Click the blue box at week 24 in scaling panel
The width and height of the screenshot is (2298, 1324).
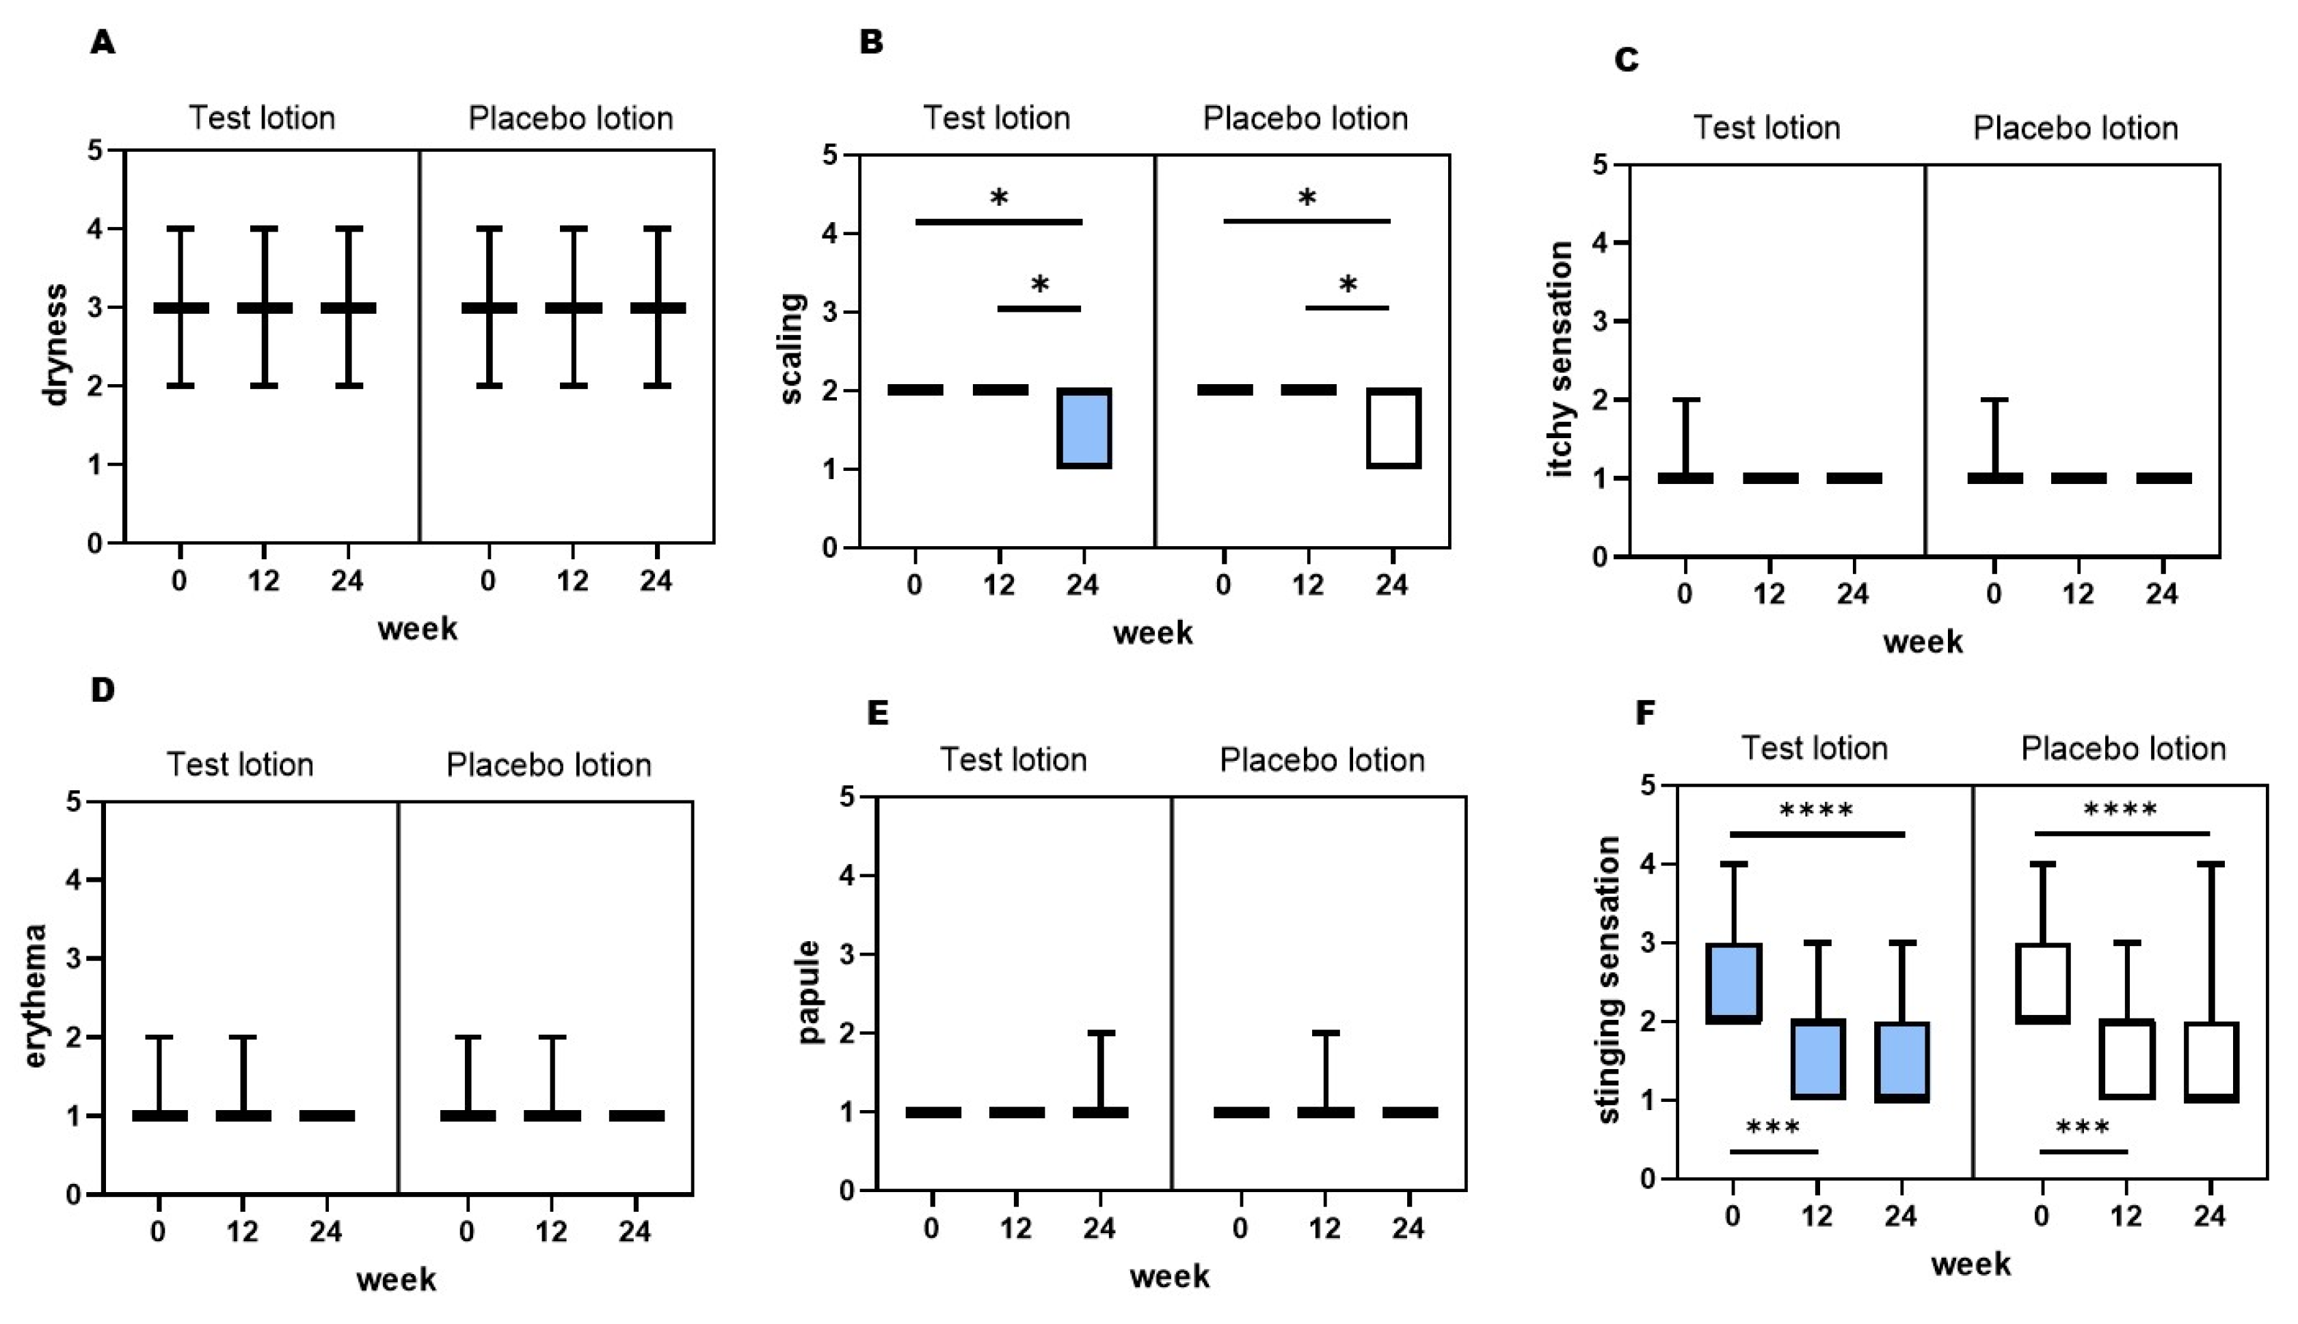click(x=1084, y=429)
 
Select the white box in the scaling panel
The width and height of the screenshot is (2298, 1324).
click(x=1393, y=429)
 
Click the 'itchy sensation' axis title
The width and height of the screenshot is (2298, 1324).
click(x=1560, y=359)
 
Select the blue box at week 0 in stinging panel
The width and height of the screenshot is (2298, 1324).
click(x=1734, y=983)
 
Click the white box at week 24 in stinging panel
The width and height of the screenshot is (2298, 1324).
click(x=2210, y=1062)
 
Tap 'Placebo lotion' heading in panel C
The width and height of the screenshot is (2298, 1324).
click(x=2075, y=129)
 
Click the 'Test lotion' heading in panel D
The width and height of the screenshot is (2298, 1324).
click(x=240, y=765)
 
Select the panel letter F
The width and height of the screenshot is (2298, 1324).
click(x=1644, y=714)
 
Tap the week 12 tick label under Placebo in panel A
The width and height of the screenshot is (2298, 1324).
click(x=573, y=580)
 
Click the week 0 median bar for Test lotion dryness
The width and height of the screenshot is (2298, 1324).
click(x=181, y=308)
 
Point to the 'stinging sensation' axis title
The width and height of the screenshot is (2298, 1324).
click(x=1609, y=980)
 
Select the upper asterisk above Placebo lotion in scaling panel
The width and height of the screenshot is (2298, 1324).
click(x=1307, y=198)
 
